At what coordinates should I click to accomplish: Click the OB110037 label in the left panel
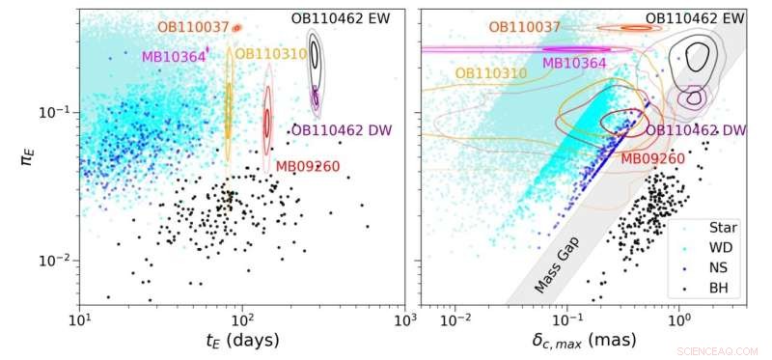click(x=193, y=28)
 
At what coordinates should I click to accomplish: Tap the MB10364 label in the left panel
click(x=174, y=57)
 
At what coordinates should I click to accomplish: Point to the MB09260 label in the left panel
click(x=307, y=167)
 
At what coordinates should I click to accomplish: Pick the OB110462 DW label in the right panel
click(x=696, y=130)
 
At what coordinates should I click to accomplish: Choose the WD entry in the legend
click(x=722, y=248)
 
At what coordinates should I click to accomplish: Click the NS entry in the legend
click(x=721, y=267)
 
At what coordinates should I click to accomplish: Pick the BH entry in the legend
click(x=721, y=287)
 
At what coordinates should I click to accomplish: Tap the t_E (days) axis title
click(x=242, y=341)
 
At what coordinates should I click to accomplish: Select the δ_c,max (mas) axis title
click(x=584, y=341)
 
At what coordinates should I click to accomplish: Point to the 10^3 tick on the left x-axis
click(x=404, y=318)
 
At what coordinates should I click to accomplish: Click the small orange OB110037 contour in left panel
click(x=236, y=28)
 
